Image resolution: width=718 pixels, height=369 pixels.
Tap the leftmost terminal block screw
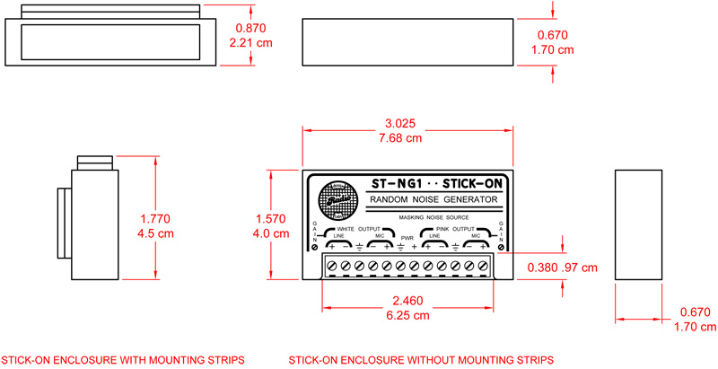332,265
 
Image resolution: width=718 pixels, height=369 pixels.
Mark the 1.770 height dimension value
155,218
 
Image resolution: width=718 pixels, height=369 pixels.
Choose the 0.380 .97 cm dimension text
565,268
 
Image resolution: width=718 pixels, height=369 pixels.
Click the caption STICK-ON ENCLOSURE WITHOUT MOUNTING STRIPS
421,359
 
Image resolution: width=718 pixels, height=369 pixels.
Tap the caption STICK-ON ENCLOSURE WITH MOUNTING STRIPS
123,359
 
